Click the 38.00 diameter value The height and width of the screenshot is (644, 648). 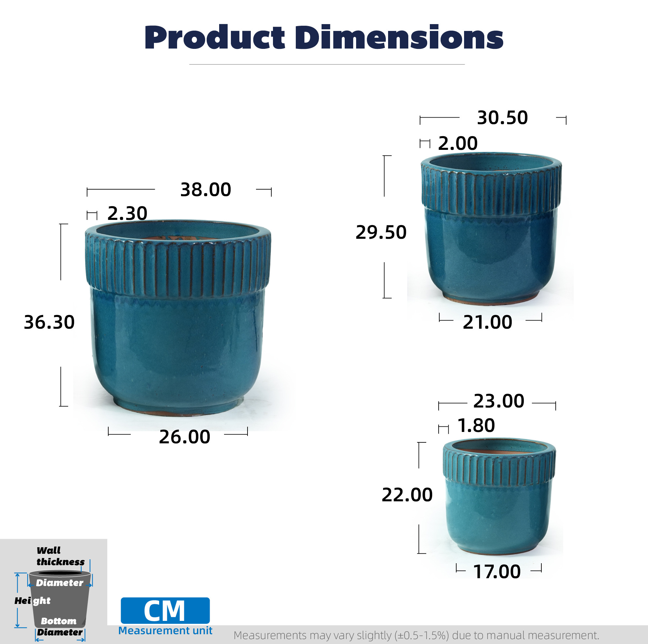point(205,189)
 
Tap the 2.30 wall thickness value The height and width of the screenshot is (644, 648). point(127,213)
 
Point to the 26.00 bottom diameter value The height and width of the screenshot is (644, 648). point(185,436)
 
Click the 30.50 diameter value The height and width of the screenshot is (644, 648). point(503,118)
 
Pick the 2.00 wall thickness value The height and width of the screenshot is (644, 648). point(458,143)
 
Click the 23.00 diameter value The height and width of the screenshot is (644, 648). point(499,401)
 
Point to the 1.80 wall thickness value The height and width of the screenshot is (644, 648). point(476,425)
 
